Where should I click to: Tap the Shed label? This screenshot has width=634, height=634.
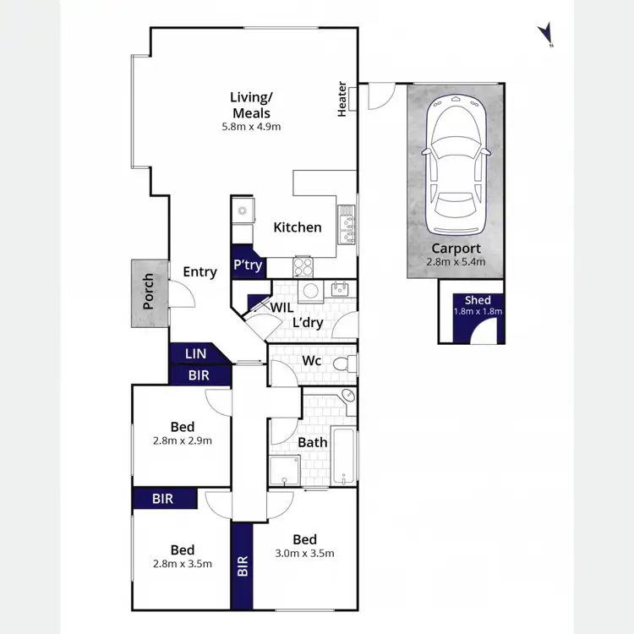pos(478,300)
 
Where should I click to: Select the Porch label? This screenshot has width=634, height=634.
pos(149,291)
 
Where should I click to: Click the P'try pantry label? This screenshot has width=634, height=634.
pos(248,265)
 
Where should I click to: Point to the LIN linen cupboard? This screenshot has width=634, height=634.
pos(195,354)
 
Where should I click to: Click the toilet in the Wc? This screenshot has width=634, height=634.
pos(343,364)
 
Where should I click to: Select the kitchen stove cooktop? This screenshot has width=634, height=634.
pos(303,267)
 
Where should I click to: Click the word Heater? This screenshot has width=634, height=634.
pos(342,100)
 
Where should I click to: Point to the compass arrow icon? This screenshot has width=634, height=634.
pos(546,34)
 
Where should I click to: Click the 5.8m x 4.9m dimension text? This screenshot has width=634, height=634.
pos(251,127)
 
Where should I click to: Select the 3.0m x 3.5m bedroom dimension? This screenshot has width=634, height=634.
pos(305,554)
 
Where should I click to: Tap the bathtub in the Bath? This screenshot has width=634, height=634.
pos(343,456)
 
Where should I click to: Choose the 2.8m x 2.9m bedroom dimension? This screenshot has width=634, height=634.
pos(182,440)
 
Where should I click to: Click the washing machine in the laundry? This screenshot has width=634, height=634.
pos(311,291)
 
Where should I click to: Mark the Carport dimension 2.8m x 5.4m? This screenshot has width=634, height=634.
pos(456,262)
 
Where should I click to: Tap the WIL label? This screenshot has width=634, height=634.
pos(281,308)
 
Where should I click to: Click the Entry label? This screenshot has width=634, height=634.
pos(199,271)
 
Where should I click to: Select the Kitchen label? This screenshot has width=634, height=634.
pos(298,227)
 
